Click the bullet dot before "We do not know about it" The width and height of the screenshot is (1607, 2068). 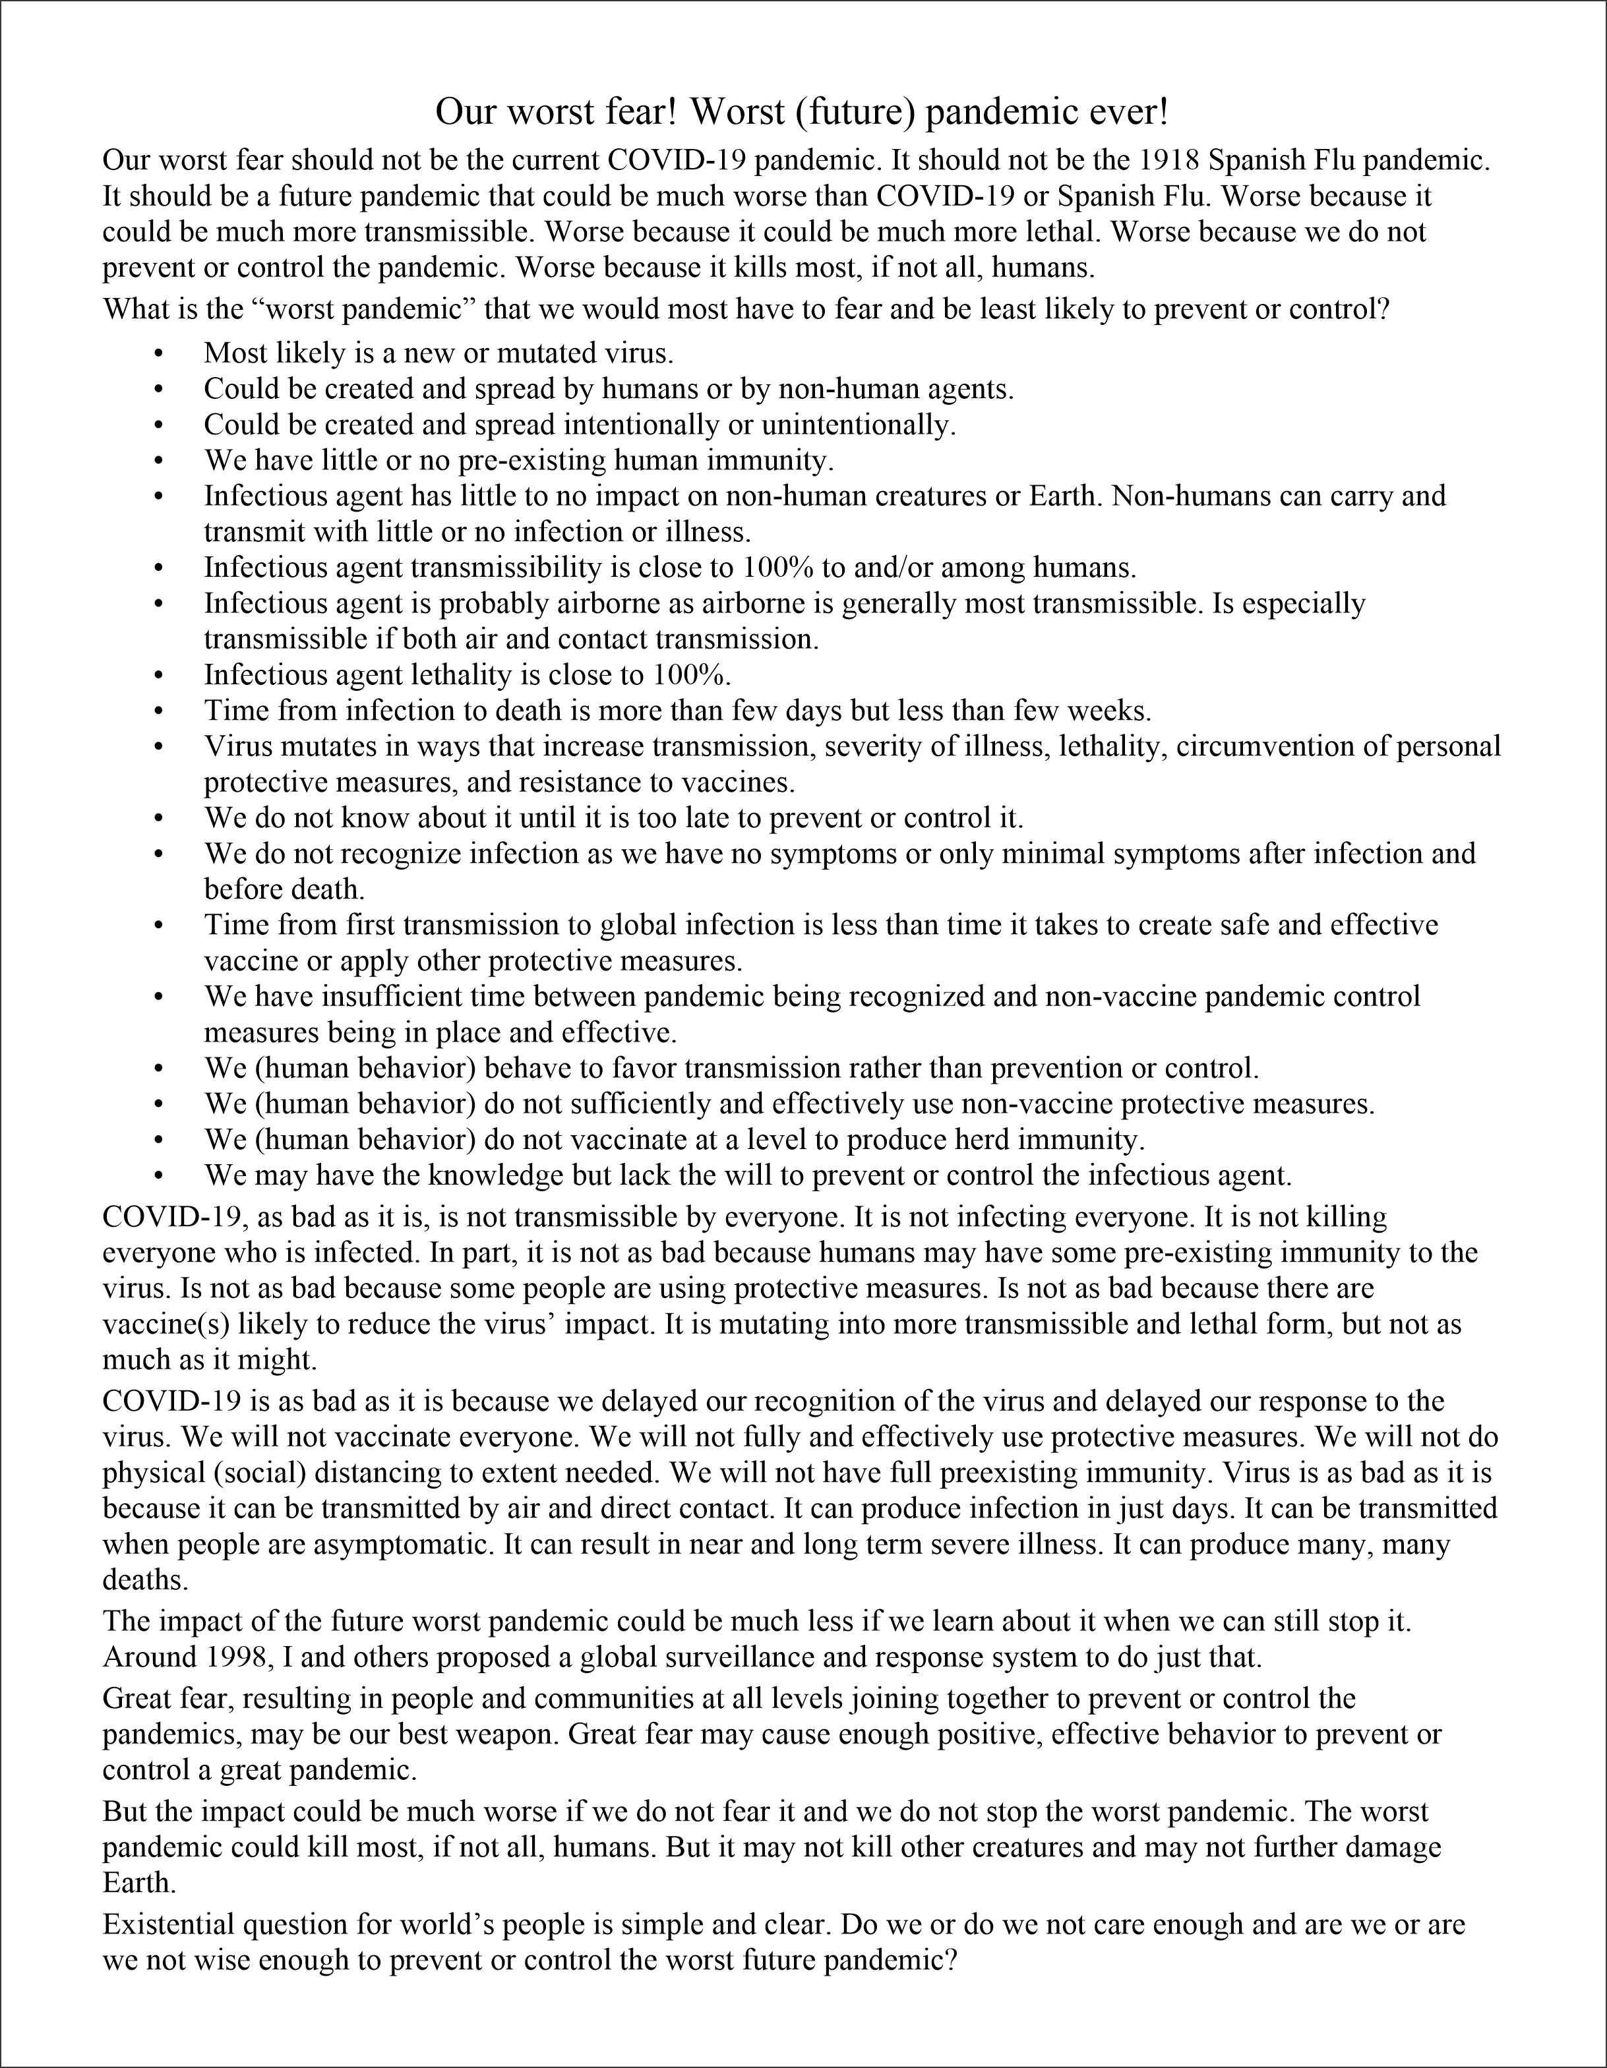pos(158,817)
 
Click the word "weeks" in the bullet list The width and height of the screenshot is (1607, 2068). pos(1109,710)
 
